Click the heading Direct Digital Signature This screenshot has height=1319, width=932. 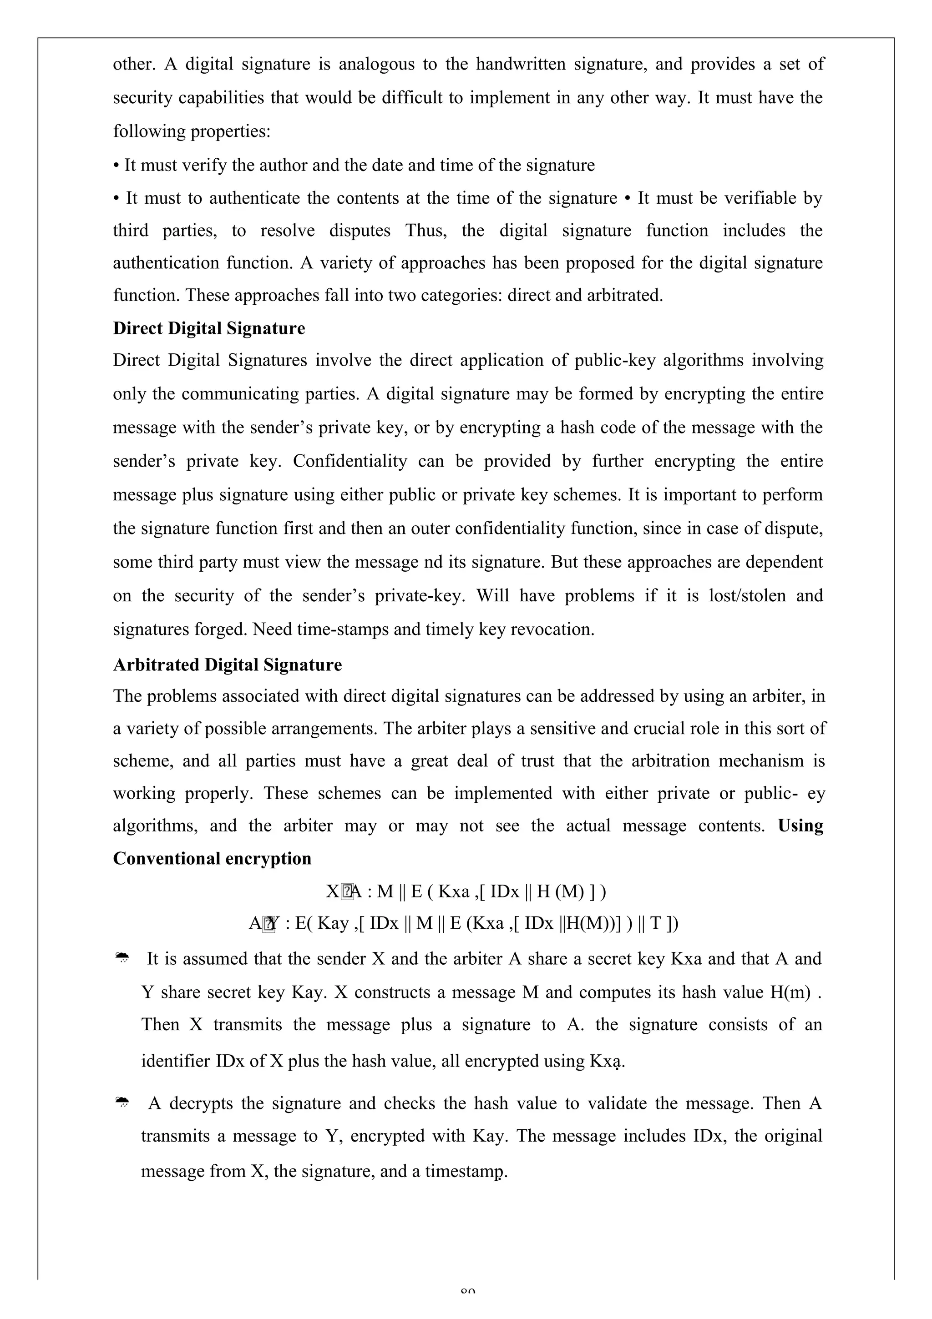[x=209, y=328]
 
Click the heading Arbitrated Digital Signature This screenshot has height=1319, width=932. [x=227, y=665]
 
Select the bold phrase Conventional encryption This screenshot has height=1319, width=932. [x=212, y=858]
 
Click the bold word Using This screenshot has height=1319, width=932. [x=800, y=826]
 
